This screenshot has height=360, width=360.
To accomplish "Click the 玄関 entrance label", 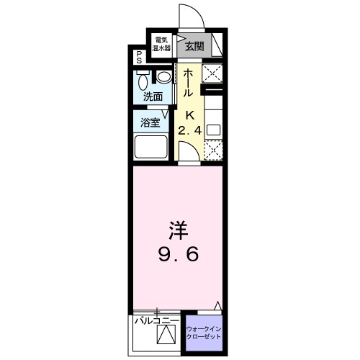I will [193, 47].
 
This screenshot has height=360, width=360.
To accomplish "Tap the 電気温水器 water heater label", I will [161, 44].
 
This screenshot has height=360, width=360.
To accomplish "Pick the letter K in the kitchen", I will [191, 115].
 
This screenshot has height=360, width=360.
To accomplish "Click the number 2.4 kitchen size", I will [191, 130].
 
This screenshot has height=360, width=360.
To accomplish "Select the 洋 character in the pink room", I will [178, 230].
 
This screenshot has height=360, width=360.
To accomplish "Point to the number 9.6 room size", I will [178, 253].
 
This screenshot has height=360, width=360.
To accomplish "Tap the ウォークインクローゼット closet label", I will [204, 333].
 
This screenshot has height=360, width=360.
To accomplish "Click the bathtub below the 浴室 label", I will [152, 147].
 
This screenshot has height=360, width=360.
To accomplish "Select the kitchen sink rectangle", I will [214, 130].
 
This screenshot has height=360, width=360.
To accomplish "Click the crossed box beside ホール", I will [213, 72].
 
